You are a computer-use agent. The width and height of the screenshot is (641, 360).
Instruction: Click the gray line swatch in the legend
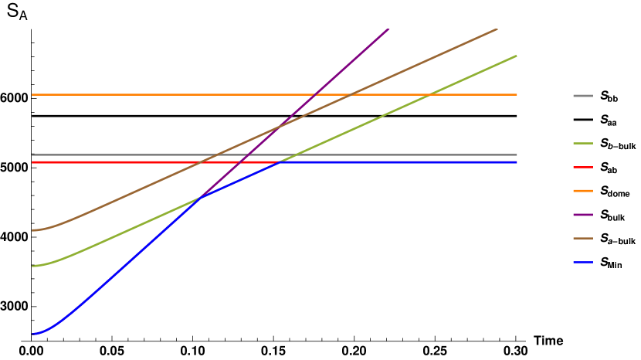click(x=583, y=96)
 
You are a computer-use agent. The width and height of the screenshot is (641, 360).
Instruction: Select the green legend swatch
click(x=583, y=143)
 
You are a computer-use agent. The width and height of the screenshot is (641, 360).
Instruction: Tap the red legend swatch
click(x=583, y=167)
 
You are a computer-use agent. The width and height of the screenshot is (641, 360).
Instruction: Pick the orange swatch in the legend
click(x=583, y=191)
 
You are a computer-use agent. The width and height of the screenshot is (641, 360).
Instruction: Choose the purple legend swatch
click(x=583, y=215)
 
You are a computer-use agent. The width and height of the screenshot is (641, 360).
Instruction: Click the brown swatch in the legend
click(x=583, y=239)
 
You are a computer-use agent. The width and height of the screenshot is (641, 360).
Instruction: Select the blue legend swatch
click(x=583, y=263)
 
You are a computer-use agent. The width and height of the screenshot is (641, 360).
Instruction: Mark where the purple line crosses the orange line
click(x=315, y=94)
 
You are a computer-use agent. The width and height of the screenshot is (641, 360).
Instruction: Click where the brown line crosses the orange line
click(x=351, y=94)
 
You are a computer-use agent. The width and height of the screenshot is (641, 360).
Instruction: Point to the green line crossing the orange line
click(x=429, y=94)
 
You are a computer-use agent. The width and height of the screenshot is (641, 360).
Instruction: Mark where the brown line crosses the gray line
click(x=219, y=155)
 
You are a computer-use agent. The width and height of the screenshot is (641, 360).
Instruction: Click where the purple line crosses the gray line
click(x=249, y=155)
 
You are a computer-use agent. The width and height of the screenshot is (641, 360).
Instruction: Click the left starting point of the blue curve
click(x=32, y=334)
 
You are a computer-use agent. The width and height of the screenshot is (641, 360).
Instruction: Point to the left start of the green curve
click(x=32, y=266)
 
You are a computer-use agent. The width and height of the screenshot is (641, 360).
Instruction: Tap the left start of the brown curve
click(x=32, y=230)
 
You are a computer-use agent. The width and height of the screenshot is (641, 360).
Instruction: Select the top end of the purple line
click(x=388, y=29)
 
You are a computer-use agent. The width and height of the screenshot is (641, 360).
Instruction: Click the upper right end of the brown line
click(x=497, y=29)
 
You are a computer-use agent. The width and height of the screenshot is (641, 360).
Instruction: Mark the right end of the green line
click(x=516, y=56)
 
